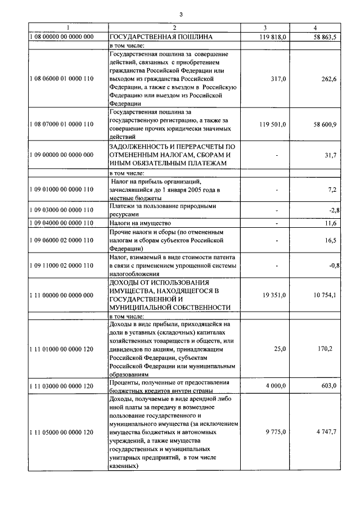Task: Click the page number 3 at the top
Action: [181, 14]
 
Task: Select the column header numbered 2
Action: [174, 28]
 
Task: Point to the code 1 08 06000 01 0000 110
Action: [62, 79]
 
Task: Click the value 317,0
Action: [278, 79]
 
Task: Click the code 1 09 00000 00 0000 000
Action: [62, 155]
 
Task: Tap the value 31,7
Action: [330, 155]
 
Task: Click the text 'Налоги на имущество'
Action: [136, 223]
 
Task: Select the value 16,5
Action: [330, 240]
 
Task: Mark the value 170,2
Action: [327, 349]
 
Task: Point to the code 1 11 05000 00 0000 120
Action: [62, 432]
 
